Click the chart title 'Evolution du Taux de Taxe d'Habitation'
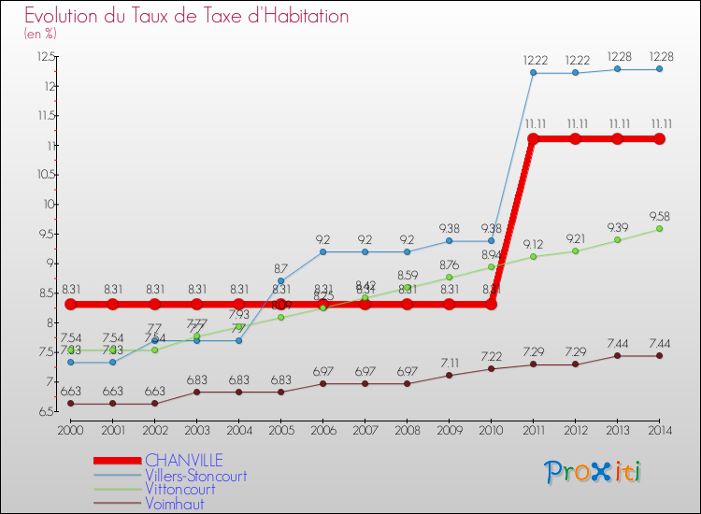[187, 16]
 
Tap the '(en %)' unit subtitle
[40, 33]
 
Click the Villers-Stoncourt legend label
[195, 475]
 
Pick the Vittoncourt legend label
[181, 489]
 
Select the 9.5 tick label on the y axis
[47, 234]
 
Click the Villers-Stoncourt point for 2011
[533, 73]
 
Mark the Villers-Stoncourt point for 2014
[659, 69]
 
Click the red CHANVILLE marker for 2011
[533, 138]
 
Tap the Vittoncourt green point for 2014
[659, 229]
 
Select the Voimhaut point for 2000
[70, 404]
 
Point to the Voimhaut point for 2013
[617, 356]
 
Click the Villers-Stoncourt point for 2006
[322, 251]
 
